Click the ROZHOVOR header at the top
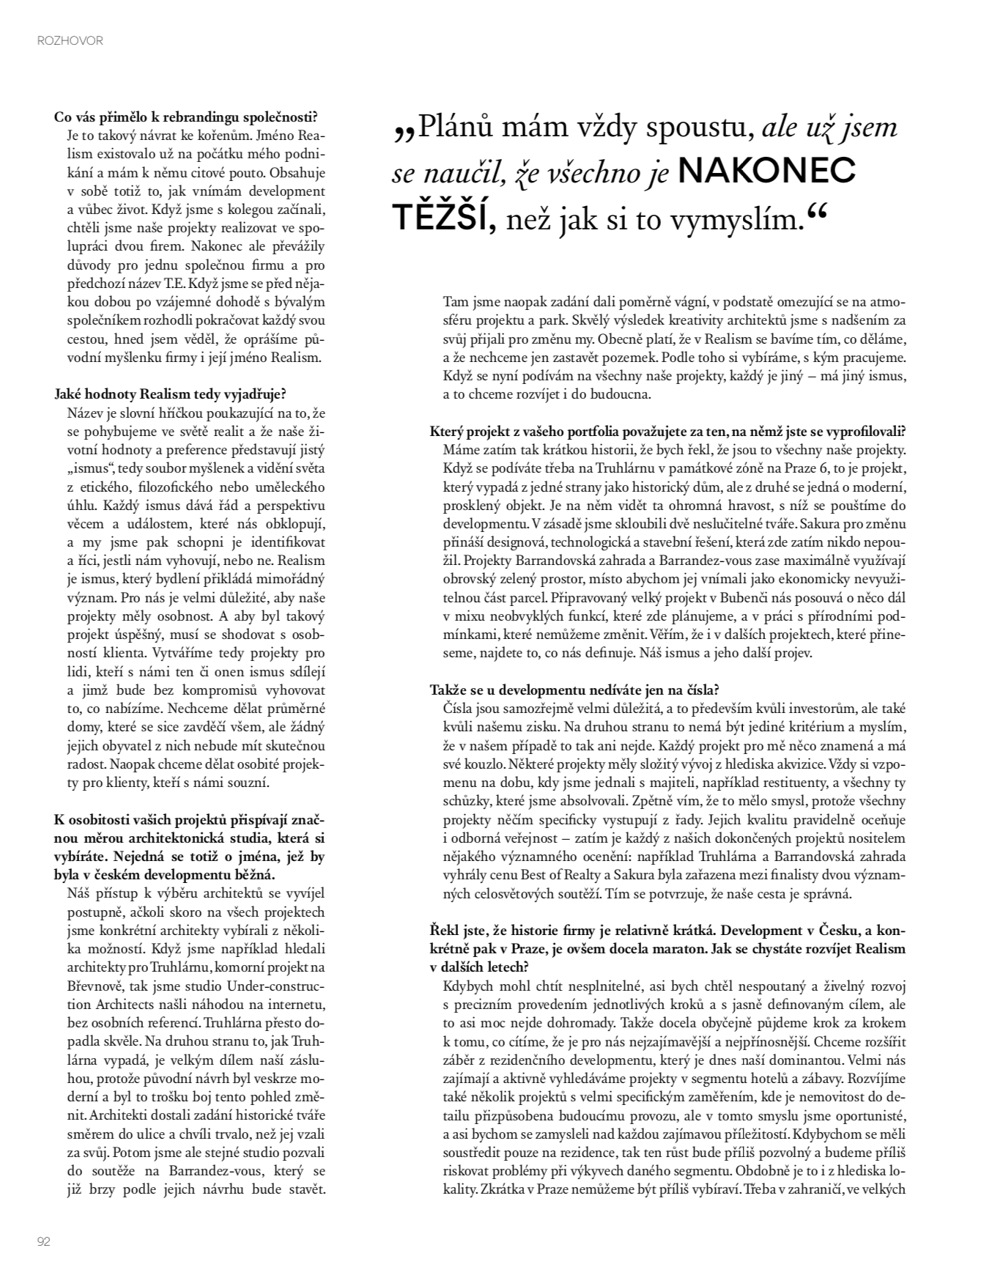[70, 41]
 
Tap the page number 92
[43, 1241]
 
